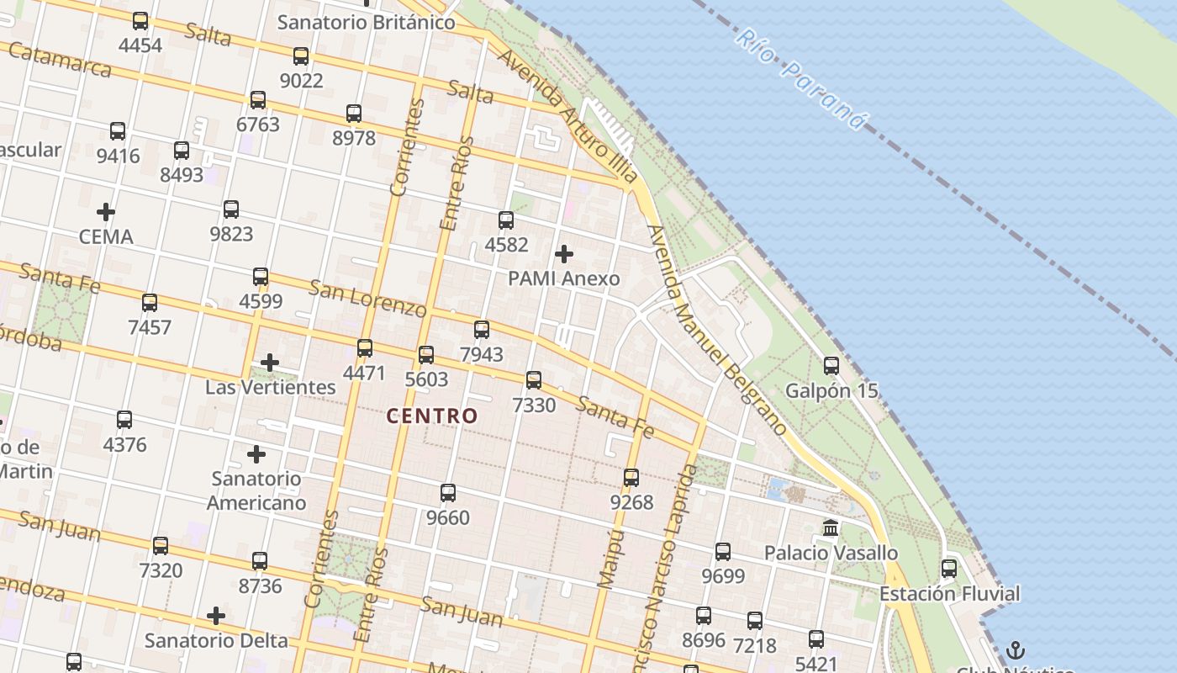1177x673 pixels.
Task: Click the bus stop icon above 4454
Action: [x=140, y=21]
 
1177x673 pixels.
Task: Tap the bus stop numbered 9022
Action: [x=301, y=81]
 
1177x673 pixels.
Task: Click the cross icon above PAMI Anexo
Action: [x=564, y=253]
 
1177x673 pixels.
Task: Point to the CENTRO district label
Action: [x=432, y=416]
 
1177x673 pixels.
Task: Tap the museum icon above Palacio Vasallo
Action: [x=831, y=528]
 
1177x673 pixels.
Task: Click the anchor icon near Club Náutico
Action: [x=1016, y=650]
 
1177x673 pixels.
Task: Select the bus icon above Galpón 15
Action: [x=831, y=365]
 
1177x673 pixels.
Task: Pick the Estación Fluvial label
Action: [x=949, y=594]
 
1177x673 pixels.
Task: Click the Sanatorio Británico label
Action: [x=367, y=23]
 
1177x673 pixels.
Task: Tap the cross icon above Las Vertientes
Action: [x=270, y=363]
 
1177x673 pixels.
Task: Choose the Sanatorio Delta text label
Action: [x=216, y=640]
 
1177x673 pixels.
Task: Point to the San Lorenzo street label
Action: [x=367, y=298]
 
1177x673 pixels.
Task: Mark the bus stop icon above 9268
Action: [x=631, y=478]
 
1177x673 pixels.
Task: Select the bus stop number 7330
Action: [x=534, y=405]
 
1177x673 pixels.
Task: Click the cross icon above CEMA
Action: [x=106, y=211]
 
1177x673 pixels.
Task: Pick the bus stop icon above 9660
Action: [x=448, y=492]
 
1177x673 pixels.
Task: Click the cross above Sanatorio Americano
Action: [x=256, y=454]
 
